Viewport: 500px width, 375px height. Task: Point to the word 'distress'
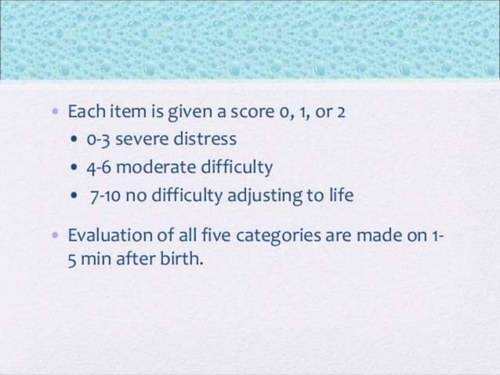pyautogui.click(x=205, y=140)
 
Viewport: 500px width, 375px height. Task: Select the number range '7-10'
pyautogui.click(x=106, y=195)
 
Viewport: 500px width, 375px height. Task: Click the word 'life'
pyautogui.click(x=341, y=195)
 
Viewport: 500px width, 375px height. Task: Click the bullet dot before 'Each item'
pyautogui.click(x=54, y=113)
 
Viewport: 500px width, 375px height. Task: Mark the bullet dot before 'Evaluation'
pyautogui.click(x=54, y=235)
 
